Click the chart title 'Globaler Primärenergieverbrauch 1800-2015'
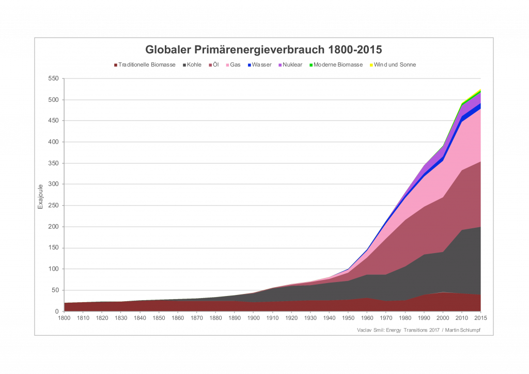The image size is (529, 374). [x=263, y=50]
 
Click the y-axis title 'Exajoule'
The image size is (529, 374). [x=40, y=195]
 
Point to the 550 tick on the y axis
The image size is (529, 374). [x=53, y=79]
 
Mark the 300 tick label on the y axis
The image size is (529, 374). [x=53, y=184]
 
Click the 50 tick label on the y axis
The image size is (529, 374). [x=55, y=290]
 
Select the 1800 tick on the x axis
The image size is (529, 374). [x=64, y=318]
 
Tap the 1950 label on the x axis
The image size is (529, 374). [x=349, y=318]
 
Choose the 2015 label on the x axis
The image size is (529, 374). [x=481, y=318]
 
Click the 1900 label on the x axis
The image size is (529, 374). [x=254, y=318]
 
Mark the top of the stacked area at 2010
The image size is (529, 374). [x=462, y=103]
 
